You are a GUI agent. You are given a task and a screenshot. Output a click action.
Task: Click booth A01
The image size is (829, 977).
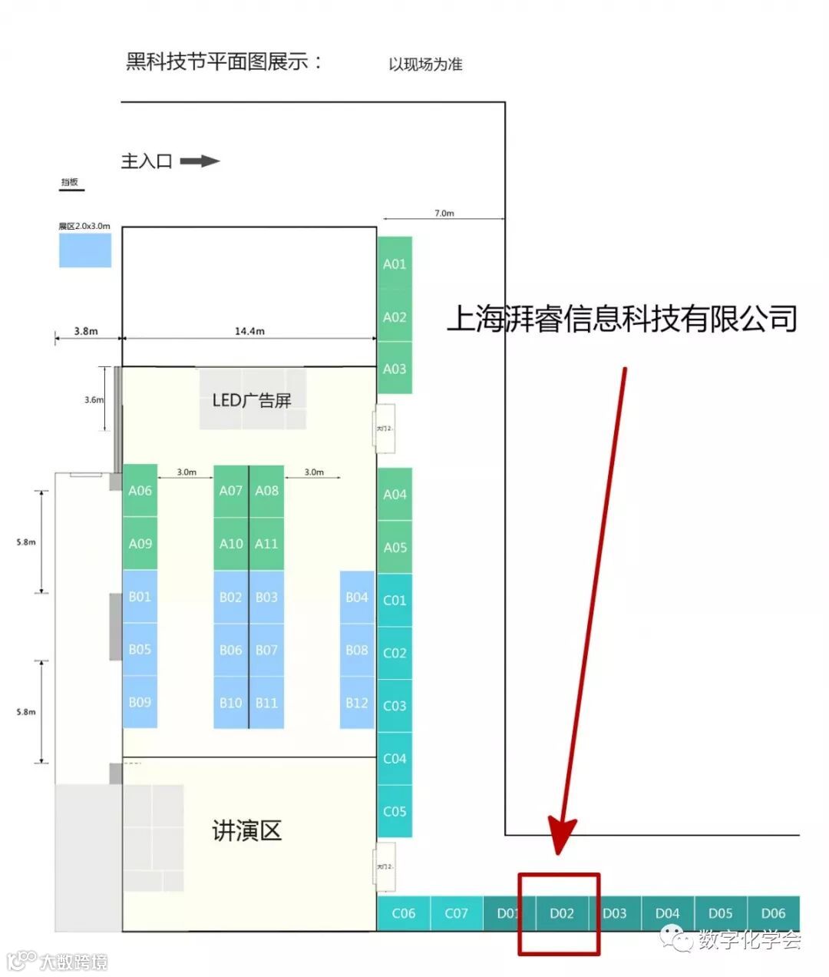pos(395,263)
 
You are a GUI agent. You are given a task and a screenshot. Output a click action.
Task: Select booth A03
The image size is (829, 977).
pos(395,369)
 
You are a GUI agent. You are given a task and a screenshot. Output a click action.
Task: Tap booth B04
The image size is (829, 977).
pos(357,597)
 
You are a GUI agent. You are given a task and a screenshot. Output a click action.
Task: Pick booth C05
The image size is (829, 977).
pos(395,811)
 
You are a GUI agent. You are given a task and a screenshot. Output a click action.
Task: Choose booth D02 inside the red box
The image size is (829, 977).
pos(562,913)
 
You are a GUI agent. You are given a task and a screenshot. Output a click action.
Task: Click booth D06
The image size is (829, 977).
pos(773,913)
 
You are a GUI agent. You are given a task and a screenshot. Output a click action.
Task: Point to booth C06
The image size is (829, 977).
pos(404,913)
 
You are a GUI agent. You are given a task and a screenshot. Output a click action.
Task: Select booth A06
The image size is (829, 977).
pos(140,490)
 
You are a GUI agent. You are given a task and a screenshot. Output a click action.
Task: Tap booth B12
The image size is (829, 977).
pos(357,702)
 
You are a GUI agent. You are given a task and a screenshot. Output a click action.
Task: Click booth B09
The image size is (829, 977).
pos(140,702)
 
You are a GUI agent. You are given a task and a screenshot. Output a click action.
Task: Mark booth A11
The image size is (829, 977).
pos(266,543)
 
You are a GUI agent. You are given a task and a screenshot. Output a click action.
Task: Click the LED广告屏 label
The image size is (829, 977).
pos(252,400)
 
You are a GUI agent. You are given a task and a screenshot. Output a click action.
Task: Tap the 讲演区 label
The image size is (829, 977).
pos(246,830)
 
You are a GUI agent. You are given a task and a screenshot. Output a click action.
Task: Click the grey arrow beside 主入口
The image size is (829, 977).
pos(200,161)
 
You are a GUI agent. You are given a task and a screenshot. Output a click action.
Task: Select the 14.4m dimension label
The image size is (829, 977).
pos(249,331)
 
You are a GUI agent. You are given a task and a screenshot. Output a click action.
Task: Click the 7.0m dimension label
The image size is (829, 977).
pos(444,213)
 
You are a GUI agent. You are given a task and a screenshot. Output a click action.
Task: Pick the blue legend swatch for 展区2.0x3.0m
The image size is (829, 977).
pos(85,250)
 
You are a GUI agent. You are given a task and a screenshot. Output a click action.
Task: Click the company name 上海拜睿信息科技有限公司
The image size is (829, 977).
pos(622,319)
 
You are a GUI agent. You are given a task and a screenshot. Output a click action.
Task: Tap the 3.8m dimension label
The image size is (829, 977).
pos(86,331)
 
